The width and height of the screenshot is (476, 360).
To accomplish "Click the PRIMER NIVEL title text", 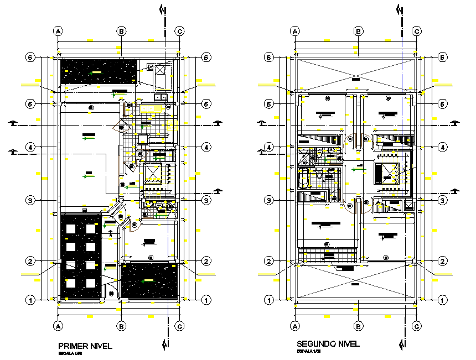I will click(85, 346).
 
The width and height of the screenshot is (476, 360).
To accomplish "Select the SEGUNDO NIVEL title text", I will click(328, 343).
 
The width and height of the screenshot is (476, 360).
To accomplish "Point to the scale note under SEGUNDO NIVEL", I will click(307, 351).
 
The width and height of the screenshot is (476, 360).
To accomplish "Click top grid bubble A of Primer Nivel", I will click(58, 31).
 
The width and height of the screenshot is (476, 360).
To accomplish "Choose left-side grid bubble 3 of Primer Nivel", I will click(32, 200).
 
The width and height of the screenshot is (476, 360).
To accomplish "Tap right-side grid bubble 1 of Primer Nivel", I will click(206, 300).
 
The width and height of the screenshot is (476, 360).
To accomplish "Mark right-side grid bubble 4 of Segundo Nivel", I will click(443, 147).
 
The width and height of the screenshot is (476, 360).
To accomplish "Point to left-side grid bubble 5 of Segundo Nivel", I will click(270, 103).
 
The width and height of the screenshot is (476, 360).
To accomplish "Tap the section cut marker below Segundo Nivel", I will click(401, 344).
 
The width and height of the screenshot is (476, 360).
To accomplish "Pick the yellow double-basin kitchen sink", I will click(161, 98).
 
